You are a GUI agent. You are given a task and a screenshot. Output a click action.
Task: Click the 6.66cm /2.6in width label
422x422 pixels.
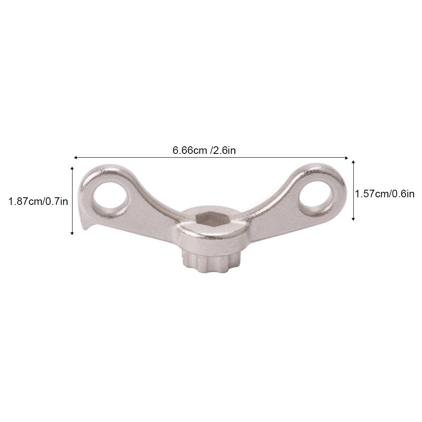204,150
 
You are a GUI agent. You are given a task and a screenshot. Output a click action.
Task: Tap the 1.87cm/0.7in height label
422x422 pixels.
38,202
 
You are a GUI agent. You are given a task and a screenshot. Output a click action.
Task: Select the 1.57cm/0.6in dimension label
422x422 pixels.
385,194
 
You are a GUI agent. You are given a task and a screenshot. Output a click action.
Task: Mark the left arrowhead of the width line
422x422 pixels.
75,157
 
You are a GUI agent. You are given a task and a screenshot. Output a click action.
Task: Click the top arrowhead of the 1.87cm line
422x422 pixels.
72,168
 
